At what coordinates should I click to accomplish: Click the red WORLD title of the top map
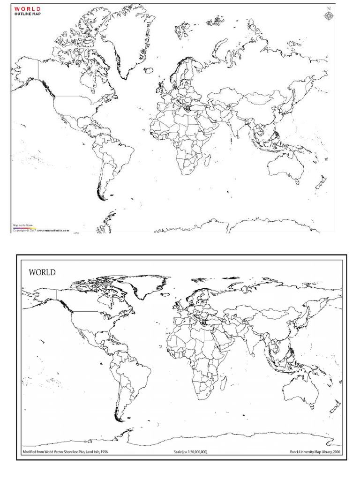tap(27, 9)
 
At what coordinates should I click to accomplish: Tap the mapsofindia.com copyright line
tap(41, 231)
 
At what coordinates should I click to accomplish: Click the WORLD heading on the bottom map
tap(42, 272)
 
